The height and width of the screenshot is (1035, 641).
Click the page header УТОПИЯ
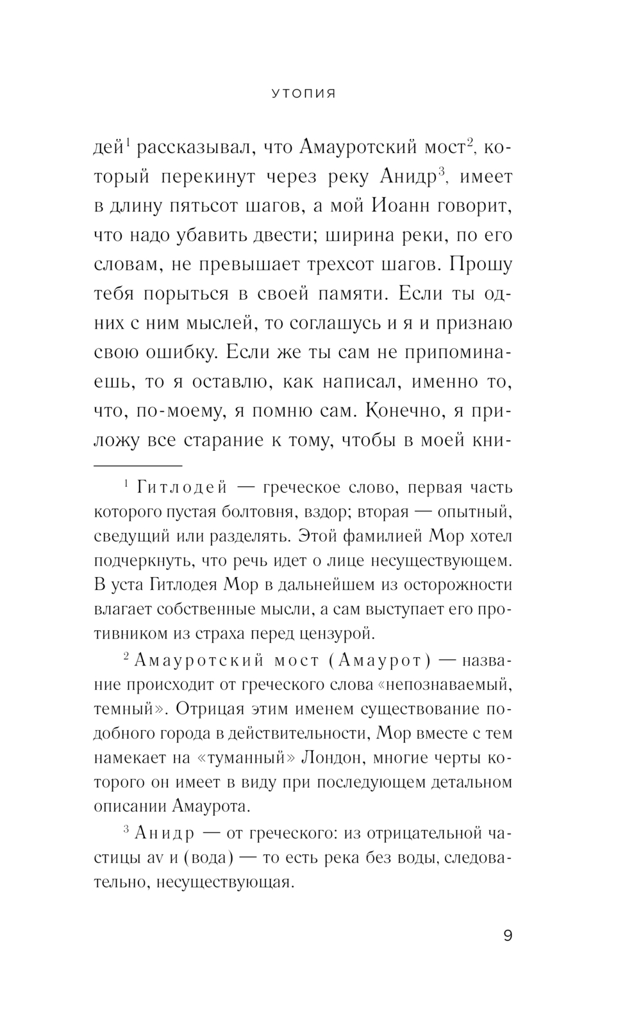click(x=304, y=94)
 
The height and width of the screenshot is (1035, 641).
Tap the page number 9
click(x=508, y=936)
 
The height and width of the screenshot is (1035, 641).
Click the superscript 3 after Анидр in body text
click(x=441, y=172)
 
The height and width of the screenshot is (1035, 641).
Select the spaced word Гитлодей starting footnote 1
click(x=182, y=488)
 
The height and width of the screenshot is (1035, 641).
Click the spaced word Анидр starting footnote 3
click(x=164, y=833)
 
